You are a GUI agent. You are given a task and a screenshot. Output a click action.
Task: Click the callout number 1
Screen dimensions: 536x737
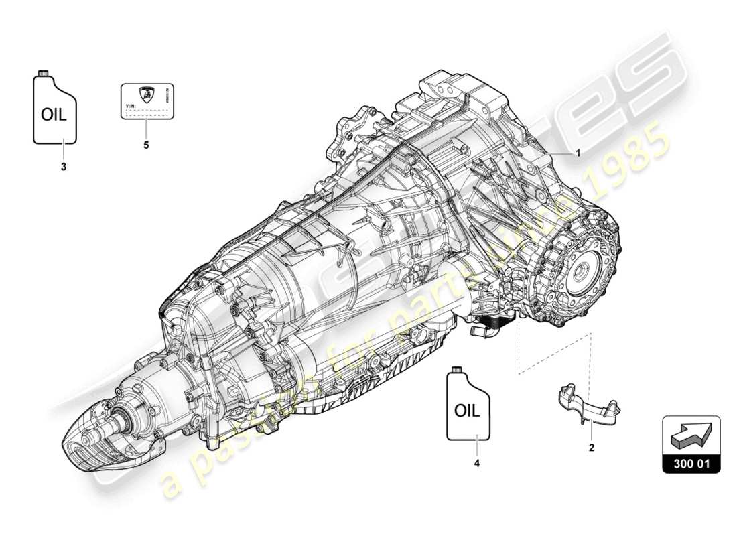[578, 153]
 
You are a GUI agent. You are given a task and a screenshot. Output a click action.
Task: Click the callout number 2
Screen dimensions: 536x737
[591, 447]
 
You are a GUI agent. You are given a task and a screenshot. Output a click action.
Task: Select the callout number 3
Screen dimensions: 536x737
[64, 167]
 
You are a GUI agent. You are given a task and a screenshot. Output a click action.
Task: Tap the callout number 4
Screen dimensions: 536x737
[477, 462]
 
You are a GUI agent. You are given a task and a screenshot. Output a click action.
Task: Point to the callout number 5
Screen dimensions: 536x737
[146, 144]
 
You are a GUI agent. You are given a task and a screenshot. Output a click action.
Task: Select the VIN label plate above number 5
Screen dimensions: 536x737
[147, 101]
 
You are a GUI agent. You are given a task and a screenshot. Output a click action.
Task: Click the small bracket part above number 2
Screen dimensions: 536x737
[586, 406]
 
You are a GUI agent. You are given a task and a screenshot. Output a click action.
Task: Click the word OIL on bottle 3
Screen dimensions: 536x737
[54, 115]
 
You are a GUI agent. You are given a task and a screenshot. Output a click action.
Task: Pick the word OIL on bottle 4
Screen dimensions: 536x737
[467, 411]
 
